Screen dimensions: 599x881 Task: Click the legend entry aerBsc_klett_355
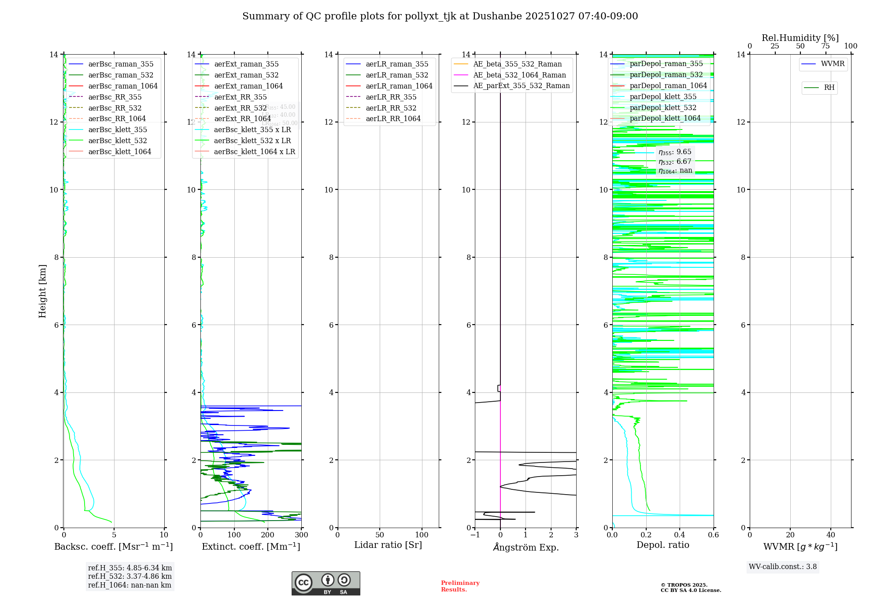tap(118, 129)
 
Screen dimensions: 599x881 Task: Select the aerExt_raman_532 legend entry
tap(246, 75)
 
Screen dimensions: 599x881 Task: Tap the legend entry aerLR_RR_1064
tap(393, 118)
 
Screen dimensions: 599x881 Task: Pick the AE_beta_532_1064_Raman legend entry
tap(519, 75)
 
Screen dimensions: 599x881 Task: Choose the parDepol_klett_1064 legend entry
tap(665, 118)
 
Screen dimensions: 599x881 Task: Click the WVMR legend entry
tap(833, 64)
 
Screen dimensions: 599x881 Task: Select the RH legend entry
tap(829, 88)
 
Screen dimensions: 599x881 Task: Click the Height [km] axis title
tap(42, 291)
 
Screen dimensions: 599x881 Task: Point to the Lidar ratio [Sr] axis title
tap(388, 545)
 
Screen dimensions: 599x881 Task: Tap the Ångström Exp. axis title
tap(526, 547)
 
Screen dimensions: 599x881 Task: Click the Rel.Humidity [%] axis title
tap(800, 38)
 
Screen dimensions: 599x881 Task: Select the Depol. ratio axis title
tap(663, 545)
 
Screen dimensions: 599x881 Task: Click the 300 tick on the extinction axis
tap(302, 535)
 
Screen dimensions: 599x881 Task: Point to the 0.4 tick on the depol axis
tap(680, 535)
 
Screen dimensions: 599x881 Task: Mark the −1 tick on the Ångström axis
tap(475, 535)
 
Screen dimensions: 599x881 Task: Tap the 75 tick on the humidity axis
tap(825, 46)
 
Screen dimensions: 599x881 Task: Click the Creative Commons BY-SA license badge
tap(326, 584)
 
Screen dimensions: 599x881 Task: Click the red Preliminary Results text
tap(460, 586)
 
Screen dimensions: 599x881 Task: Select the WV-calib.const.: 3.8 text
tap(783, 567)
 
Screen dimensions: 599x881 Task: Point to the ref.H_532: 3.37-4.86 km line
tap(130, 577)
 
